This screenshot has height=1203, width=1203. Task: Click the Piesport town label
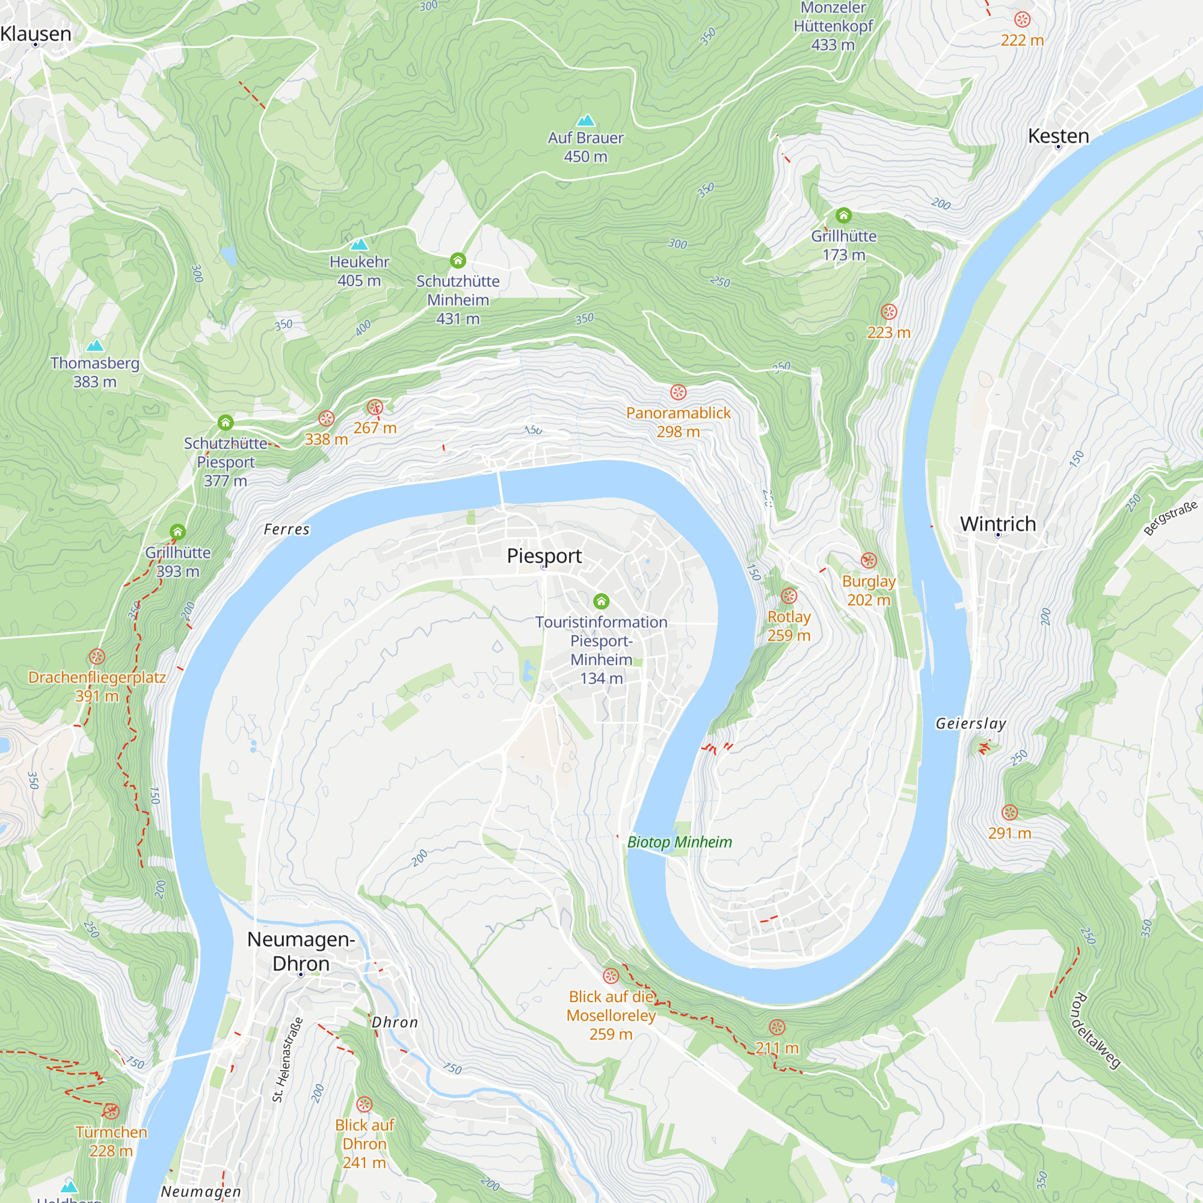click(544, 555)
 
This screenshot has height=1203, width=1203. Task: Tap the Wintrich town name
click(997, 524)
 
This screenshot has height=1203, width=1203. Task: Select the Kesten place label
click(1059, 136)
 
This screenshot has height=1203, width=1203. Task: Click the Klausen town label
click(36, 34)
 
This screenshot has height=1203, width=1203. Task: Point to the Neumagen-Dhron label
click(301, 951)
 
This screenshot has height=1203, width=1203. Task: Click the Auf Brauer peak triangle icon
click(585, 120)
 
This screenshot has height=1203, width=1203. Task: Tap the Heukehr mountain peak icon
click(359, 244)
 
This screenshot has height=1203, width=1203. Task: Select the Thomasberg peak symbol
click(94, 346)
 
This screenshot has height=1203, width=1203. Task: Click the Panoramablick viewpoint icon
click(678, 392)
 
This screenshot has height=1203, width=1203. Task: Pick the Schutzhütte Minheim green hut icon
click(458, 260)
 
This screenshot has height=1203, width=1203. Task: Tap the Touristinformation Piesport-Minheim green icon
click(601, 601)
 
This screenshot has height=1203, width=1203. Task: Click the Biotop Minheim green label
click(679, 842)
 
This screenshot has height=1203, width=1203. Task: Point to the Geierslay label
click(971, 723)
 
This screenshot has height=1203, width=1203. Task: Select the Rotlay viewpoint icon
click(789, 596)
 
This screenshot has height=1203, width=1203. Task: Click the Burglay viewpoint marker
click(869, 561)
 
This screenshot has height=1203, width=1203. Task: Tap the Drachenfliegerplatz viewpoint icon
click(96, 656)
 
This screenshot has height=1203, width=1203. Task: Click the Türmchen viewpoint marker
click(111, 1112)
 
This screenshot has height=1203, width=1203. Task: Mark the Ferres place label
click(286, 529)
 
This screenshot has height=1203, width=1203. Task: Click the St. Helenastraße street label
click(288, 1060)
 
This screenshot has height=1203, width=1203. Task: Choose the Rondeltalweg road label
click(1096, 1031)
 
